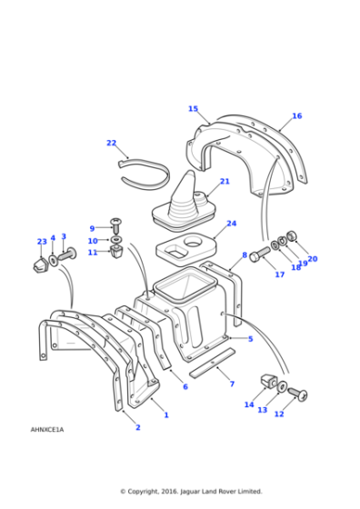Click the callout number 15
pyautogui.click(x=193, y=109)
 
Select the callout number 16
pyautogui.click(x=296, y=116)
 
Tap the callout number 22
pyautogui.click(x=111, y=143)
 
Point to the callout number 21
pyautogui.click(x=225, y=182)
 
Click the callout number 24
pyautogui.click(x=231, y=224)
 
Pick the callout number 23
pyautogui.click(x=41, y=242)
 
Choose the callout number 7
pyautogui.click(x=232, y=384)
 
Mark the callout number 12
pyautogui.click(x=279, y=414)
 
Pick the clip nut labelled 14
pyautogui.click(x=268, y=380)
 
